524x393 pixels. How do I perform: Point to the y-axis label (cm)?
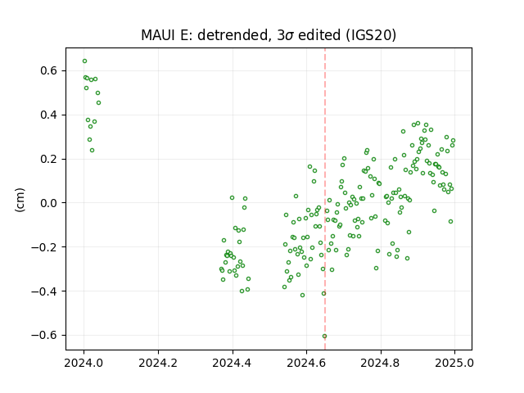(x=20, y=200)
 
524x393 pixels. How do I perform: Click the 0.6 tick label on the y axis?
(x=49, y=71)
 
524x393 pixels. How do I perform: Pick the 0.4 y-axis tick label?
(x=49, y=115)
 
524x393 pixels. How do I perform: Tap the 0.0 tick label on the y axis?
(x=49, y=203)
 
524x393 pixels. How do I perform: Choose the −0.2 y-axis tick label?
(x=45, y=247)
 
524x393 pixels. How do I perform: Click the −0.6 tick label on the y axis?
(x=45, y=335)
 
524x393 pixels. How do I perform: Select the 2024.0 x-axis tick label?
(x=84, y=363)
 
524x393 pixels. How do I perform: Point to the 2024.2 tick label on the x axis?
(x=158, y=363)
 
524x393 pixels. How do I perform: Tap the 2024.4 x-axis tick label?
(x=232, y=363)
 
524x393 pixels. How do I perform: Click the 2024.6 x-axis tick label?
(x=306, y=363)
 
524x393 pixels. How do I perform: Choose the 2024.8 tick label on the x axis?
(x=380, y=363)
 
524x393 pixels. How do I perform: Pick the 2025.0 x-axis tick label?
(x=454, y=363)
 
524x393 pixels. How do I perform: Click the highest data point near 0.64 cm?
(x=84, y=61)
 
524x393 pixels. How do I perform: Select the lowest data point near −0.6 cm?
(x=324, y=337)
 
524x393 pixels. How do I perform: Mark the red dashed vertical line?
(x=325, y=199)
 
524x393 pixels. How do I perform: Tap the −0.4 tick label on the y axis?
(x=45, y=291)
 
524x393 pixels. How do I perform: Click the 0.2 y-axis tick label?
(x=49, y=159)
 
